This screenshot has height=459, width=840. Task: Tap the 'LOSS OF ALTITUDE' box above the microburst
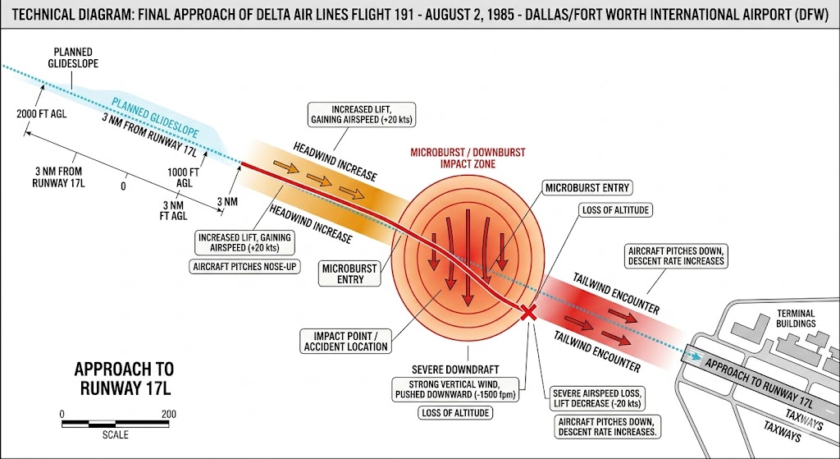click(615, 210)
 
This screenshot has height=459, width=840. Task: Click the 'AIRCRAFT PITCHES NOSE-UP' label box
click(244, 267)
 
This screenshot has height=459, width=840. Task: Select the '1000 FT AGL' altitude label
click(184, 178)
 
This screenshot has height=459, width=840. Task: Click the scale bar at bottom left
click(115, 424)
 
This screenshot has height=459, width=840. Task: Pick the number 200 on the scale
click(167, 413)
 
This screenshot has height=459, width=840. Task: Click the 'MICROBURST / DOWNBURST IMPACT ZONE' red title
click(468, 158)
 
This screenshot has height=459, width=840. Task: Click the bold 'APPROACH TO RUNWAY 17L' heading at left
click(124, 378)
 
